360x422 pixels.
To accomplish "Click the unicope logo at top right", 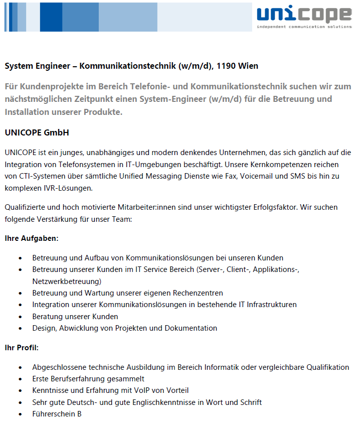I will coord(303,17).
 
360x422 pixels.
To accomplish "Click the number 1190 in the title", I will coord(227,66).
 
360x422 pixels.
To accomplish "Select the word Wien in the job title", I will coord(249,66).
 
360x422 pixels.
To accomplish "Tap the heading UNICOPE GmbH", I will coord(37,133).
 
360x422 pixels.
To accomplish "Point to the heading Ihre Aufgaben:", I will coord(32,238).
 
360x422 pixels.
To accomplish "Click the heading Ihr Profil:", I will coord(22,347).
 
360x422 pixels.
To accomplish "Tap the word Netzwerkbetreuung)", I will coord(67,281).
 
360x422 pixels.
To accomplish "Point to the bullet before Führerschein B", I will coord(20,414).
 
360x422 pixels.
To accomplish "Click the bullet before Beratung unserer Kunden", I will coord(20,317).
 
